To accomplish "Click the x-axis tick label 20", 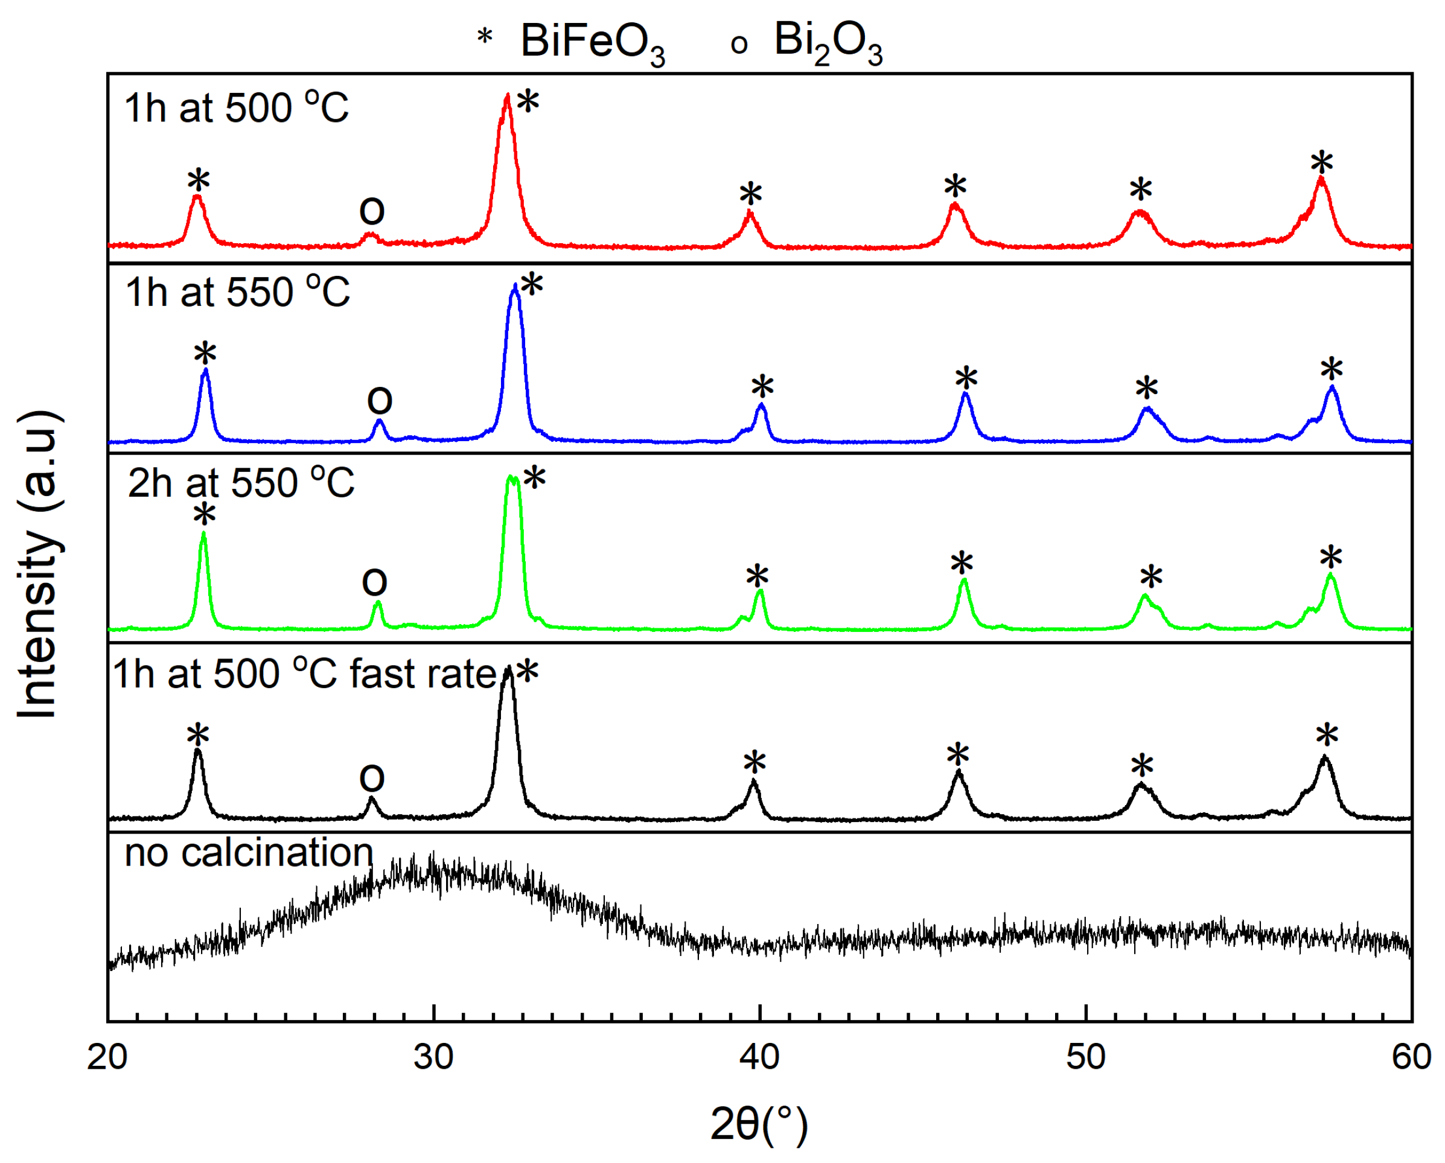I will (x=107, y=1058).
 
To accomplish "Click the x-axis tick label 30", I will (x=433, y=1058).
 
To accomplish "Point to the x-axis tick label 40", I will (x=759, y=1058).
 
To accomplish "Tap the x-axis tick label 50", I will (x=1086, y=1058).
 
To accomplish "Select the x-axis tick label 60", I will (x=1411, y=1058).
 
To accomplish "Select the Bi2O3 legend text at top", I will (x=828, y=42).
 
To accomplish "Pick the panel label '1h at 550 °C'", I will (x=238, y=292).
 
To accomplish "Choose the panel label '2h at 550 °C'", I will (x=241, y=483).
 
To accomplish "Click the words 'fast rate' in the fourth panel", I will (x=423, y=674).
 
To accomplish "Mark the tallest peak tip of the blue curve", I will (x=515, y=285).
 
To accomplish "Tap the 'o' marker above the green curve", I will (x=375, y=581).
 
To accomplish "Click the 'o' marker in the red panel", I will (x=372, y=211).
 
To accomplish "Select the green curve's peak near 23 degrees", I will (x=204, y=534).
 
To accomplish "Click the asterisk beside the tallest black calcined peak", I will (x=528, y=672).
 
